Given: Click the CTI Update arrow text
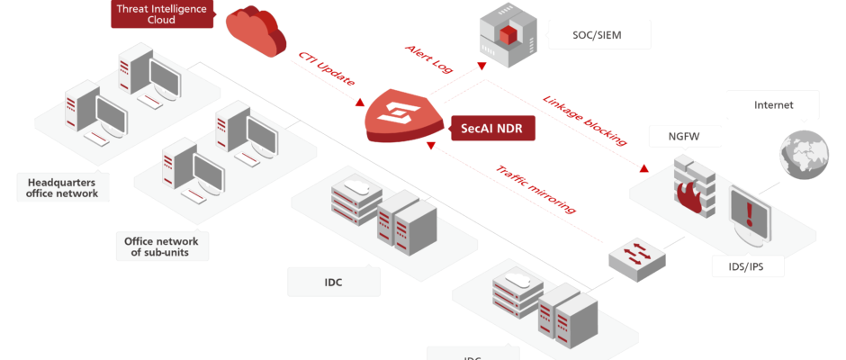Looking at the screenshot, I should [328, 71].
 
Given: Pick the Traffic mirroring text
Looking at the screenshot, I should [536, 190].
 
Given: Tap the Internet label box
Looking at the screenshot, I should [773, 105].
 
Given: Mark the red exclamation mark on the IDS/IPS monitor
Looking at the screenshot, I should [749, 212].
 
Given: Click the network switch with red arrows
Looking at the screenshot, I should [637, 256].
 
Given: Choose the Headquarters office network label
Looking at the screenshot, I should [62, 186].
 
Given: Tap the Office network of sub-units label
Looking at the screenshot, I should [163, 246].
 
